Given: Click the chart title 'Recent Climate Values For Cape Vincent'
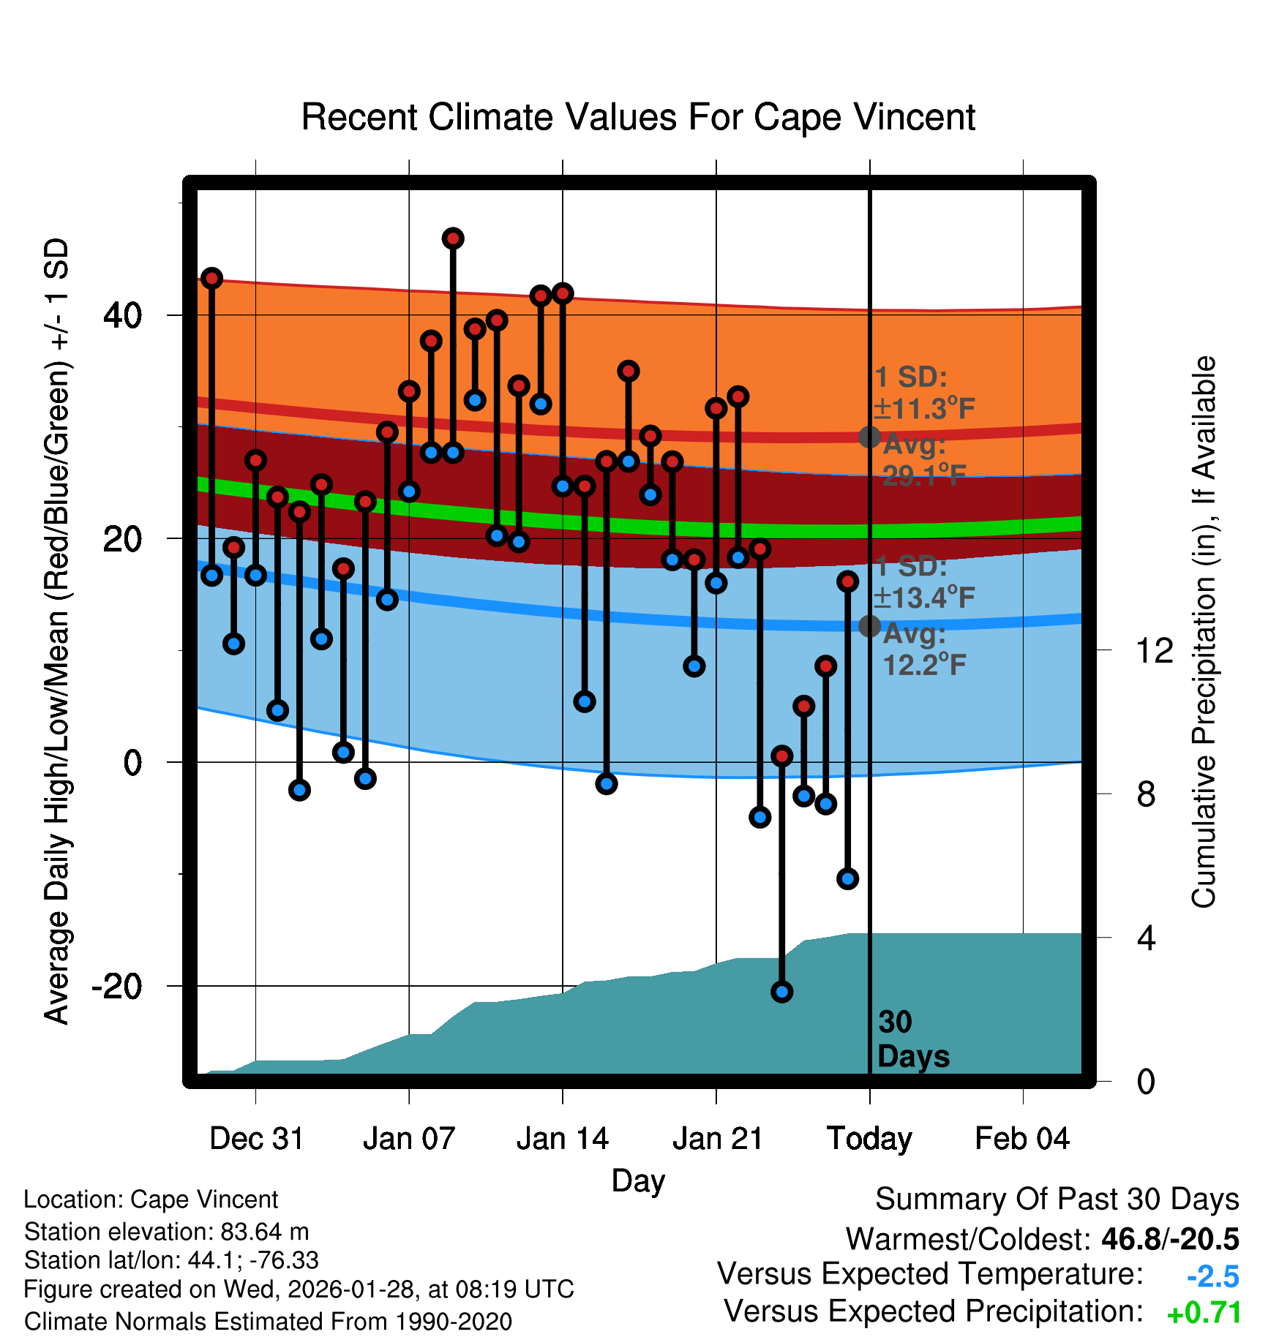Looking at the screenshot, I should click(638, 118).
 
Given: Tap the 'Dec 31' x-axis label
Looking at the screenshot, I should click(256, 1139).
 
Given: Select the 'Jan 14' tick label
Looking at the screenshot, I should click(562, 1139).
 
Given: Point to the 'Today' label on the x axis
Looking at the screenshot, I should click(869, 1139).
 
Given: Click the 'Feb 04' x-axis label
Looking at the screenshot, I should click(1022, 1139).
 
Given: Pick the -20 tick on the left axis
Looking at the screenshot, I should click(116, 987).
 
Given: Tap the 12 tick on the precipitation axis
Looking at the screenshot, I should click(1154, 650).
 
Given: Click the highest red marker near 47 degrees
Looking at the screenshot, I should click(453, 238).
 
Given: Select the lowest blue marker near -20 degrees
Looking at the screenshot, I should click(781, 992).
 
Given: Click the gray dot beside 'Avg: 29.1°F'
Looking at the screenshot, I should click(869, 437).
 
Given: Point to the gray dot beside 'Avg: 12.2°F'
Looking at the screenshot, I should click(869, 625).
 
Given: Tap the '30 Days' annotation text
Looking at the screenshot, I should click(912, 1039).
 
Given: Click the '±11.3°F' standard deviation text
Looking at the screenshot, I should click(924, 409).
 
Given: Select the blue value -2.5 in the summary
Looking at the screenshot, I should click(1212, 1276).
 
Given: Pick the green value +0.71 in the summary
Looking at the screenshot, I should click(1204, 1314).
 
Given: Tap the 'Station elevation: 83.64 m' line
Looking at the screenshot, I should click(167, 1232).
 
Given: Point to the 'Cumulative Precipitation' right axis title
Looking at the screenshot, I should click(1204, 633).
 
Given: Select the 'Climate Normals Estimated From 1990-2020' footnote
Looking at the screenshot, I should click(268, 1322).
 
